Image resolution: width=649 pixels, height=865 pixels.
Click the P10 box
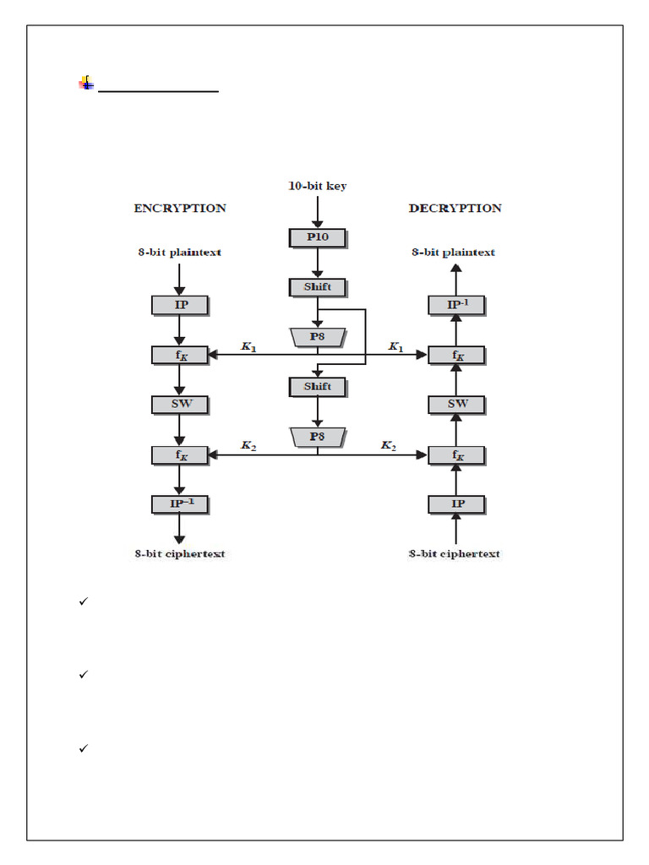(x=317, y=237)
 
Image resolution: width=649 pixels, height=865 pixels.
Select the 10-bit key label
(x=317, y=186)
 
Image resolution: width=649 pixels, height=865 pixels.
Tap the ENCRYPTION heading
(x=179, y=208)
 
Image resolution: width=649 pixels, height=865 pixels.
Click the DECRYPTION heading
(x=455, y=208)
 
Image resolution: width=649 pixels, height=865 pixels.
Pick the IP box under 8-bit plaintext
(x=180, y=305)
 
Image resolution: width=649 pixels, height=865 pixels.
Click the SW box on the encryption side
(x=180, y=404)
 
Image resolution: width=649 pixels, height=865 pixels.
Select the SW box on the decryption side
(x=456, y=404)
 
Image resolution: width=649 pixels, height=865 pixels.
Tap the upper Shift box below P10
(x=317, y=287)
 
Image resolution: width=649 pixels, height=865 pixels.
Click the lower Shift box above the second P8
(x=317, y=387)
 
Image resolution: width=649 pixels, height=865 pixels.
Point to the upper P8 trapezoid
(x=317, y=337)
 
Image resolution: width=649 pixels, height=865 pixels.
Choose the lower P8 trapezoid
(x=317, y=437)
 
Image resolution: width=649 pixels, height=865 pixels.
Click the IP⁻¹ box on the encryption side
(x=180, y=504)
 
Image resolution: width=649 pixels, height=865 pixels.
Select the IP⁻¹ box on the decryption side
(x=456, y=305)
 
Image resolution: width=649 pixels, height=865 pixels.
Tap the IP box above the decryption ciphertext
(x=456, y=504)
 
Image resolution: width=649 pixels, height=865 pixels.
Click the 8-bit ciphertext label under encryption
(x=179, y=554)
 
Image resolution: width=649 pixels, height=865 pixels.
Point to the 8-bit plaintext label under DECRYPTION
(x=454, y=252)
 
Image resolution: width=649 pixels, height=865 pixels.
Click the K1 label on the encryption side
(x=248, y=346)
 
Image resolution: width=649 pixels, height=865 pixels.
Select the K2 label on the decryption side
(x=389, y=445)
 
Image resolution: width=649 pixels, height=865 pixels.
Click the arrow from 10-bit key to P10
(x=317, y=211)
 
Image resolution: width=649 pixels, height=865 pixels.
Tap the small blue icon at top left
(x=86, y=83)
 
